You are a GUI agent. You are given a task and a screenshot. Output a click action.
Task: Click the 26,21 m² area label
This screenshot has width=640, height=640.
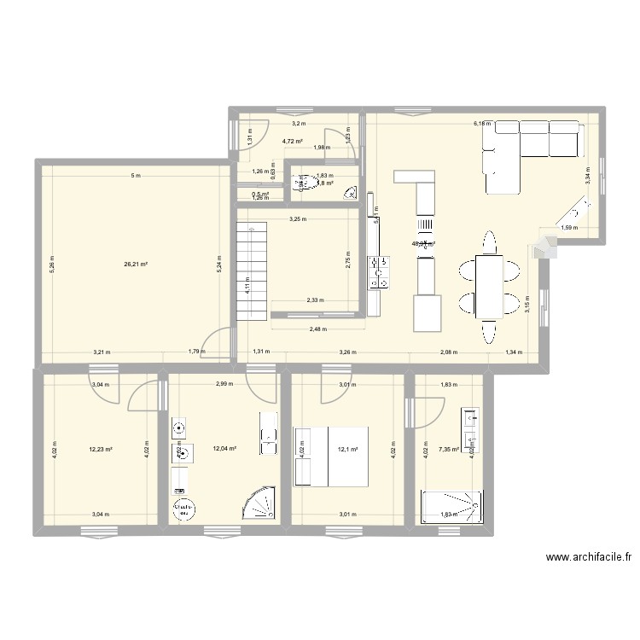136,265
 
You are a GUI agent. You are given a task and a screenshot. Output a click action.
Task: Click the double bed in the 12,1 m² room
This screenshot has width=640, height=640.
330,457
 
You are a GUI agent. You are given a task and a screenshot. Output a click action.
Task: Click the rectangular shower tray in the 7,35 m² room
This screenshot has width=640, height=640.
451,506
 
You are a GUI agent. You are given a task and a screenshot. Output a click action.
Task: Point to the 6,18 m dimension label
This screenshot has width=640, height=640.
482,124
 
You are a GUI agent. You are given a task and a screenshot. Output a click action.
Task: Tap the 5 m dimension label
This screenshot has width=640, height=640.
135,176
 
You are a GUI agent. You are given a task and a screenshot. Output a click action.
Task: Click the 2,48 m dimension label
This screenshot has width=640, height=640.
318,329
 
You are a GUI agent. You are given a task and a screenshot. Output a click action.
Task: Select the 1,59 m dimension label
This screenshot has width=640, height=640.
568,228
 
